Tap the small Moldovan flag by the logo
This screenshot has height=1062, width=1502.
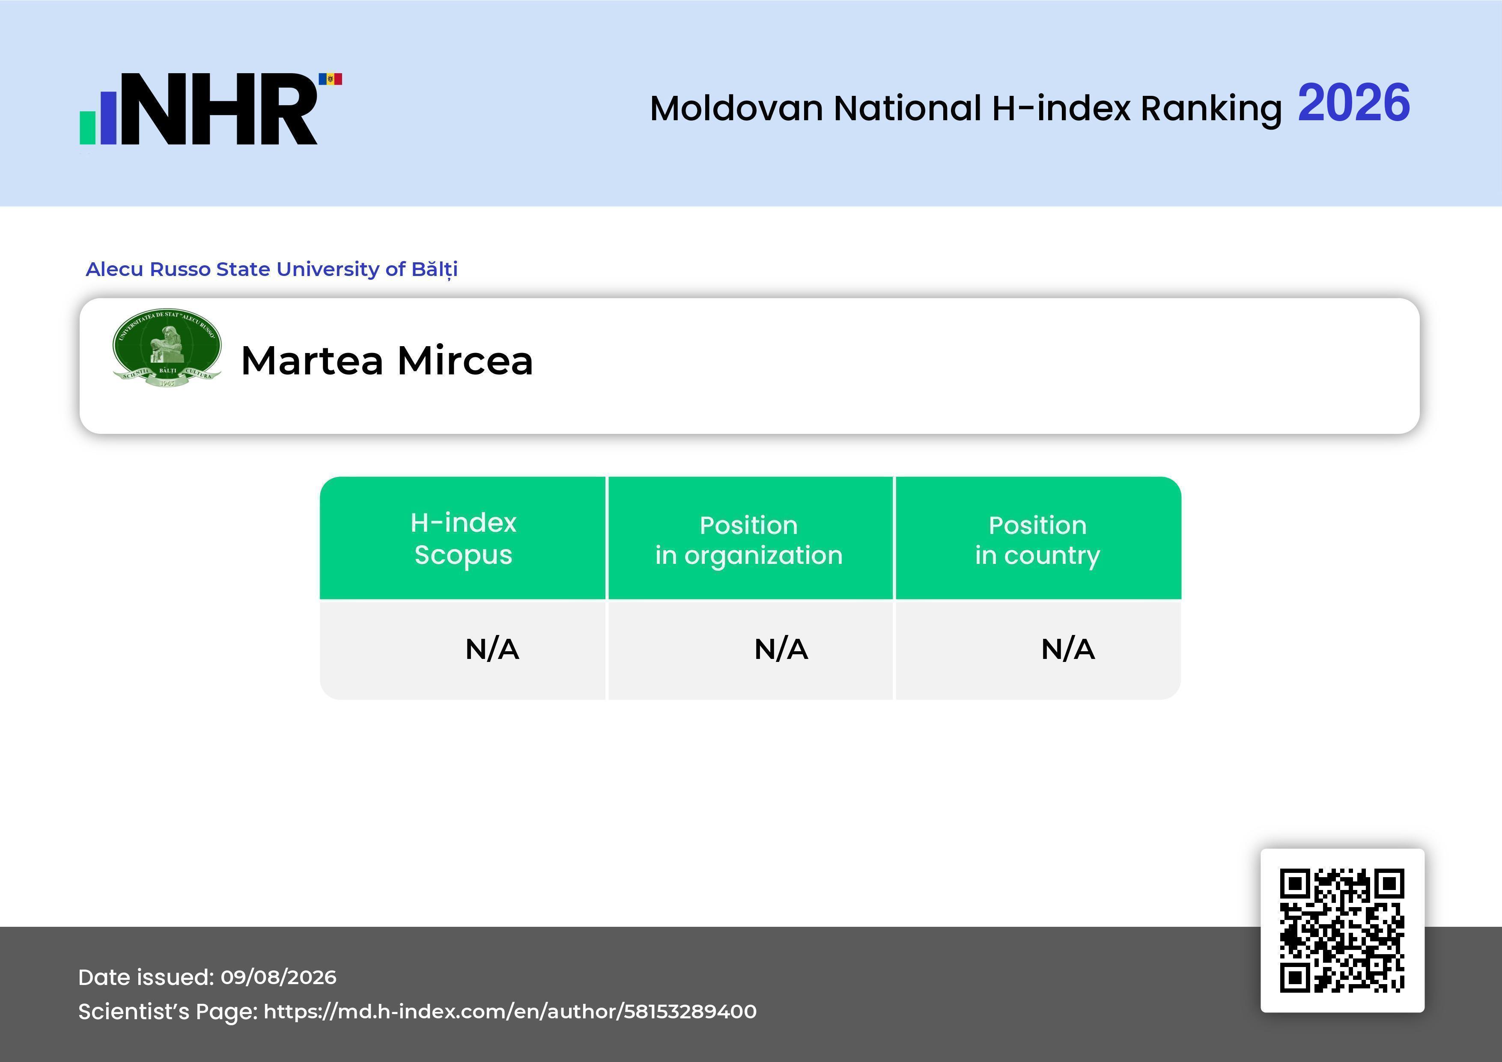tap(331, 79)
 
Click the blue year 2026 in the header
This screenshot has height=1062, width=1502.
tap(1353, 103)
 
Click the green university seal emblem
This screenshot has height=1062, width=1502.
tap(167, 347)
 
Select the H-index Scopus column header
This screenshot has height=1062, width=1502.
tap(463, 538)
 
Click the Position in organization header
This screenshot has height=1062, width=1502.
tap(749, 540)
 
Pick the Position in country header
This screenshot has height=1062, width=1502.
tap(1037, 540)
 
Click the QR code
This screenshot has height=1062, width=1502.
tap(1342, 931)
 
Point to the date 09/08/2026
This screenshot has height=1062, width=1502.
tap(279, 977)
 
